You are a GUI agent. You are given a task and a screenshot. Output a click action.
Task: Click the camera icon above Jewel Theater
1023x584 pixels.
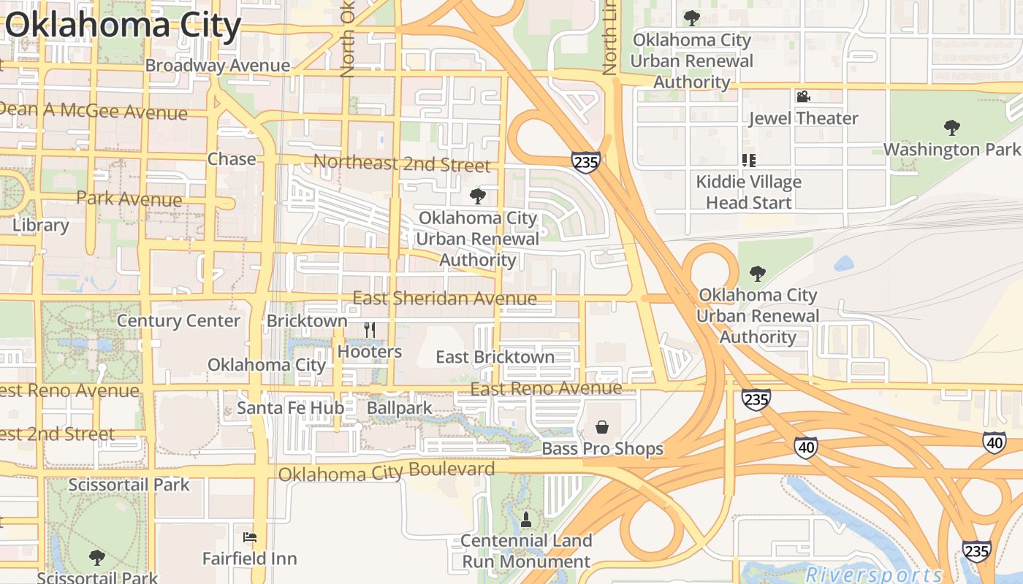(x=803, y=96)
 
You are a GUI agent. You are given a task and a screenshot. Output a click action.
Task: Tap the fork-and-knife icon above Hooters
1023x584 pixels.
(x=370, y=330)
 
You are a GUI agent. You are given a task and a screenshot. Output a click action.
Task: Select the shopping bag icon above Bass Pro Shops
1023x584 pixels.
(x=602, y=427)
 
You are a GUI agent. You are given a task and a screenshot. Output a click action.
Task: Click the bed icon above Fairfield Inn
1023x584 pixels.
(x=250, y=537)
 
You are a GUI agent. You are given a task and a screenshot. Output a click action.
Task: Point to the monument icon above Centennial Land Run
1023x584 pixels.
(x=525, y=520)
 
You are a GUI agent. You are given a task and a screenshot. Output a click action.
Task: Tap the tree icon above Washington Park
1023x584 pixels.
(x=951, y=128)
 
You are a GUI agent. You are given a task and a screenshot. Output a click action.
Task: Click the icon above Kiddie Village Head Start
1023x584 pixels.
(x=748, y=160)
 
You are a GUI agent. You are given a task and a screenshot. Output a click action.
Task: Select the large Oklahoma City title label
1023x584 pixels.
(x=123, y=25)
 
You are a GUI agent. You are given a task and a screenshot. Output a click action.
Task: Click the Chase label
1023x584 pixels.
(x=232, y=159)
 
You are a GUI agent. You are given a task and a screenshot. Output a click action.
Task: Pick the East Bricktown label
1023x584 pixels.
(x=495, y=357)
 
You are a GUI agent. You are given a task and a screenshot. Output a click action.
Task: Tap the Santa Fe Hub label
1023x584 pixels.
(x=290, y=407)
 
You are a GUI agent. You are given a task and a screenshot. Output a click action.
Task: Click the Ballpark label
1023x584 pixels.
(x=400, y=407)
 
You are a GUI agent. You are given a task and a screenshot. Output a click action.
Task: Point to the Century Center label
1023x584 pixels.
(x=178, y=320)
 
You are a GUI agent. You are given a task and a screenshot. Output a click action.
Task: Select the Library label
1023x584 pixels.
(x=41, y=225)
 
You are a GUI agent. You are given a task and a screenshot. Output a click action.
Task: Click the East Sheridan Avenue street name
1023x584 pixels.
(x=444, y=298)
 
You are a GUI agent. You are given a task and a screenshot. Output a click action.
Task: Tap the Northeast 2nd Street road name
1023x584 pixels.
(x=402, y=163)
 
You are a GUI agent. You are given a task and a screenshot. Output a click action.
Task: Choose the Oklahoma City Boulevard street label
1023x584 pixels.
(x=387, y=472)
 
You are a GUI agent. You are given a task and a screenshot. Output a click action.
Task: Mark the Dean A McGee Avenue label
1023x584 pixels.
(x=94, y=112)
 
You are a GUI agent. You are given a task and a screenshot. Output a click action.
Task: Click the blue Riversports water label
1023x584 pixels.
(x=874, y=574)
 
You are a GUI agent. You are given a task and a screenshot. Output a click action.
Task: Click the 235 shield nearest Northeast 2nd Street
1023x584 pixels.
(x=586, y=162)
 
